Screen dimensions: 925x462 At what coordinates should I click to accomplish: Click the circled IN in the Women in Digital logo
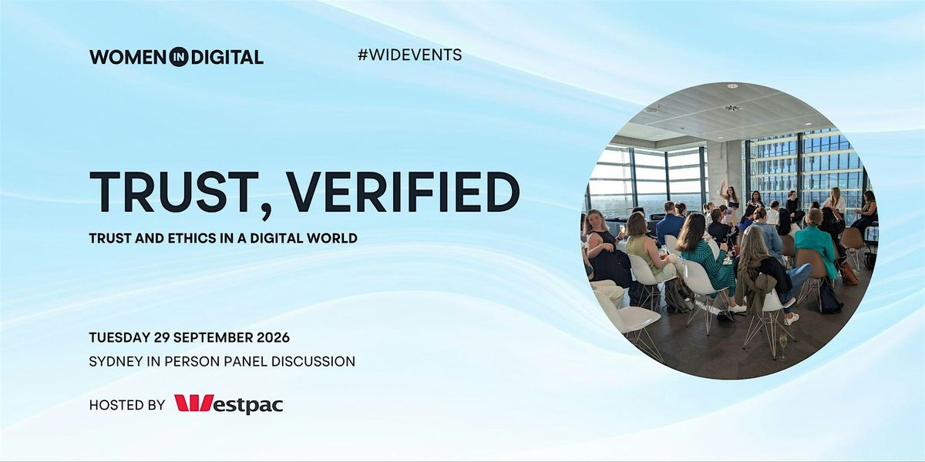click(x=178, y=57)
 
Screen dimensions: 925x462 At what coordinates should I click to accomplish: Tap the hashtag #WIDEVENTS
click(x=409, y=55)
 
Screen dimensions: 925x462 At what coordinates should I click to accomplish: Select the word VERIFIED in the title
click(x=403, y=192)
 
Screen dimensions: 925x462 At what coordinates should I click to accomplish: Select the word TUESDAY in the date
click(x=119, y=337)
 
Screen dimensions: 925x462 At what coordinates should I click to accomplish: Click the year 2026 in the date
click(x=274, y=337)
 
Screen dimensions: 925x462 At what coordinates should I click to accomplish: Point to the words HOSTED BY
click(x=127, y=405)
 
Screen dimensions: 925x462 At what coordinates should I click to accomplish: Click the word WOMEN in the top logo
click(x=128, y=57)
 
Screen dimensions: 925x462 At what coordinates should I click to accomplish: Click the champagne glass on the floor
click(x=783, y=346)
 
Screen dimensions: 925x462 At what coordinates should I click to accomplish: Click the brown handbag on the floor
click(x=848, y=273)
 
